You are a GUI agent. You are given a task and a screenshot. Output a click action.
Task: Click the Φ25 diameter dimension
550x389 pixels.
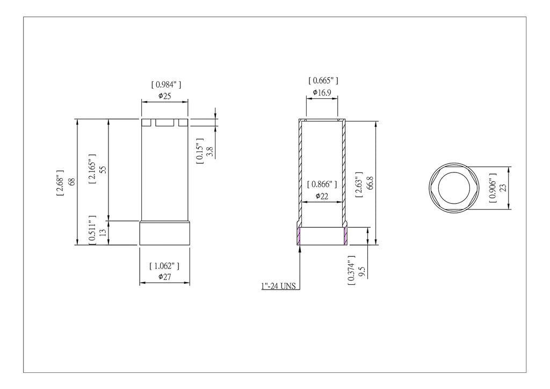164,96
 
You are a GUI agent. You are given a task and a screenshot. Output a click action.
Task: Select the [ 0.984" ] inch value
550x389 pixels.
167,84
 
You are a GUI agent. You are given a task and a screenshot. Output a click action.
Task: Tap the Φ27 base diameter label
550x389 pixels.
164,277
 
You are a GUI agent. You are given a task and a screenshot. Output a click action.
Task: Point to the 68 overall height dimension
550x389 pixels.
71,182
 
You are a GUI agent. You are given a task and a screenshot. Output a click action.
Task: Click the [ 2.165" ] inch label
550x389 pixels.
92,169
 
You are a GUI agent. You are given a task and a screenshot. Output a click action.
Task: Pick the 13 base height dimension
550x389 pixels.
103,232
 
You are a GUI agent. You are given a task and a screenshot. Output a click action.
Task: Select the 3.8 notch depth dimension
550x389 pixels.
210,152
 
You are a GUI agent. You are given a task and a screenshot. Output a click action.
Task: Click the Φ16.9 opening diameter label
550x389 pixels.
322,92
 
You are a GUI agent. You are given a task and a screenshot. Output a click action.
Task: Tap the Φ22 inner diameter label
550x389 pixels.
322,196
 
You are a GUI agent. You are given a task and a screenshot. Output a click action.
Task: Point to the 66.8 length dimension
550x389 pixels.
370,183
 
